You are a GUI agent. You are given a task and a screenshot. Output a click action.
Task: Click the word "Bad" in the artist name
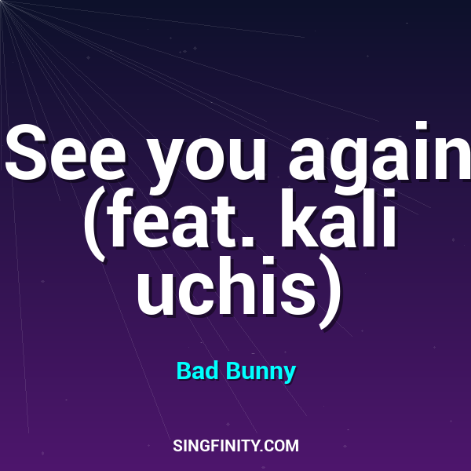(195, 370)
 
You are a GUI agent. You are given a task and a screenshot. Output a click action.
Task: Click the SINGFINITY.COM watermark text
(235, 446)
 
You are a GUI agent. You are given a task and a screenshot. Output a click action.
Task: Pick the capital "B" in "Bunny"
(233, 370)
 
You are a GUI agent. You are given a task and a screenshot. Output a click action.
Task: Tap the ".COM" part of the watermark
(282, 446)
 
